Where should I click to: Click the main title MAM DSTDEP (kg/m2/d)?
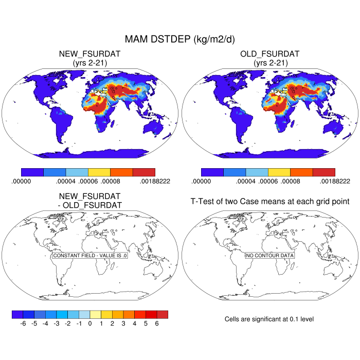180,40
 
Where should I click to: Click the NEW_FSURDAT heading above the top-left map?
90,54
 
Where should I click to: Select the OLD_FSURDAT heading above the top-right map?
270,54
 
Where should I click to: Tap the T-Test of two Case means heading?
270,201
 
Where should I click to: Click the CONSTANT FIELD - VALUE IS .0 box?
90,256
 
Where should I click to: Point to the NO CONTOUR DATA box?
269,256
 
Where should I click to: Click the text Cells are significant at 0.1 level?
269,319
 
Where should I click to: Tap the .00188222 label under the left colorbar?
155,181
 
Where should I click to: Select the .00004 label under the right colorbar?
246,181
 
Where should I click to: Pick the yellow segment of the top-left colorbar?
99,172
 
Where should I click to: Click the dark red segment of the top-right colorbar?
323,172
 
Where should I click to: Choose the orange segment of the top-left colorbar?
121,172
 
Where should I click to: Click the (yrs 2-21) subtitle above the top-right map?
270,63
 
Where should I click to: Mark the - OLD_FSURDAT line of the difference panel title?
90,205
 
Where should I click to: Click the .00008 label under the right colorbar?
291,181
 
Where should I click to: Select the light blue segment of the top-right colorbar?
257,172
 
